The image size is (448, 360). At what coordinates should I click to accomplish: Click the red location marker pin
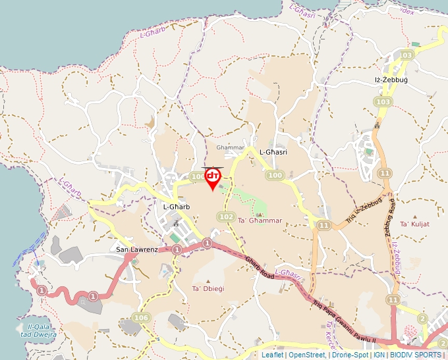(x=213, y=177)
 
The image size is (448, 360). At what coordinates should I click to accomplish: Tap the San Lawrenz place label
(x=136, y=250)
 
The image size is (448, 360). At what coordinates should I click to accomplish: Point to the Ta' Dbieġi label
(x=205, y=288)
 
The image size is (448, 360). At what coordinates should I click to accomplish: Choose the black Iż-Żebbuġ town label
(x=391, y=80)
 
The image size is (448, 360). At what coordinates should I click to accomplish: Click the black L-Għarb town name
(x=177, y=207)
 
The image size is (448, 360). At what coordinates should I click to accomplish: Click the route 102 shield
(x=226, y=217)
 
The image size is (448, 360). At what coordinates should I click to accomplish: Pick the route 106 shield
(x=141, y=318)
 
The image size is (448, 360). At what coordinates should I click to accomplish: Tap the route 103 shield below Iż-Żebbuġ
(x=381, y=102)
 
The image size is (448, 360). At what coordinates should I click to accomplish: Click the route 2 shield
(x=423, y=319)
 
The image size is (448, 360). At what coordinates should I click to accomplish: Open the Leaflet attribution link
(x=272, y=355)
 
